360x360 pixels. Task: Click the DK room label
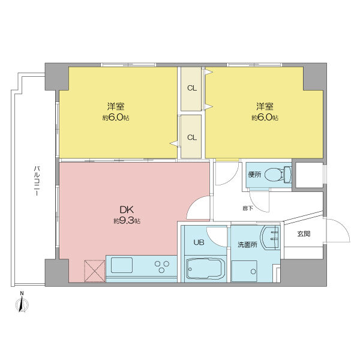coord(127,209)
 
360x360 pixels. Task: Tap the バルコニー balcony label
coord(37,181)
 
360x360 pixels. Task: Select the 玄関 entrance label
coord(304,234)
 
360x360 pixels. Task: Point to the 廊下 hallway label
coord(248,208)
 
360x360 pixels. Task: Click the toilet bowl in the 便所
coord(278,175)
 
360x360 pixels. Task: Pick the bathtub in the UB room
coord(205,269)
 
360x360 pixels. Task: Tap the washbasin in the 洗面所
coord(270,238)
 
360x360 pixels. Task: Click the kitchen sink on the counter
coord(122,265)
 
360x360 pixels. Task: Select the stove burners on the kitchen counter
coord(162,266)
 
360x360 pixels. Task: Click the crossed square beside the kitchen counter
coord(95,271)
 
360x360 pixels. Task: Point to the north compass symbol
coord(22,303)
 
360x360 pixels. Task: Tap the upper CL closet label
coord(192,88)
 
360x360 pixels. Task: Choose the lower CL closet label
coord(192,137)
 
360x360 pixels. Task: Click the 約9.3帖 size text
coord(127,221)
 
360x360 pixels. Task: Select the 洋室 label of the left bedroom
coord(116,106)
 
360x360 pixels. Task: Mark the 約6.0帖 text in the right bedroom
coord(265,118)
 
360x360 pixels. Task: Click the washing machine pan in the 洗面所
coord(244,271)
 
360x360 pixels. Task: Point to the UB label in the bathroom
coord(199,242)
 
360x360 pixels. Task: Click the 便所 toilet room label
coord(254,175)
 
